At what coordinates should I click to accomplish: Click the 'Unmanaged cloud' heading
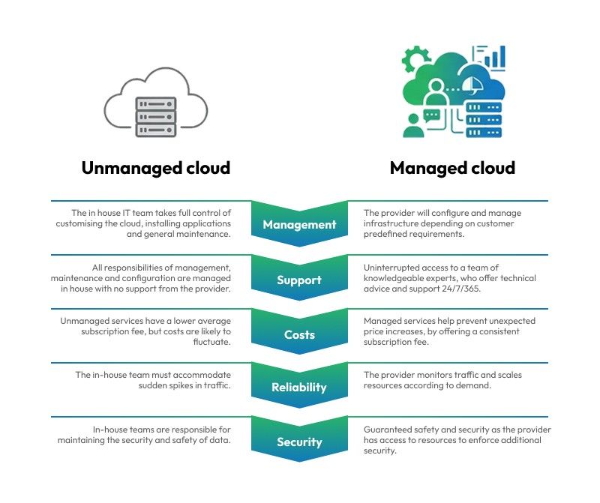(x=155, y=168)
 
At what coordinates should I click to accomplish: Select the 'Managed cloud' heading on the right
(x=452, y=168)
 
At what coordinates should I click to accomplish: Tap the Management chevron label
(x=299, y=224)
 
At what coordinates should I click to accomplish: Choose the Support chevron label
(x=299, y=280)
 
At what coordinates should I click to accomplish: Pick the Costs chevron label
(x=299, y=334)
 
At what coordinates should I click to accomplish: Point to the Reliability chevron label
(x=299, y=388)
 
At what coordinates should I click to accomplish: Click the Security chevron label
(x=299, y=442)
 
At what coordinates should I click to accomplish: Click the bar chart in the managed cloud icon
(x=495, y=57)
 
